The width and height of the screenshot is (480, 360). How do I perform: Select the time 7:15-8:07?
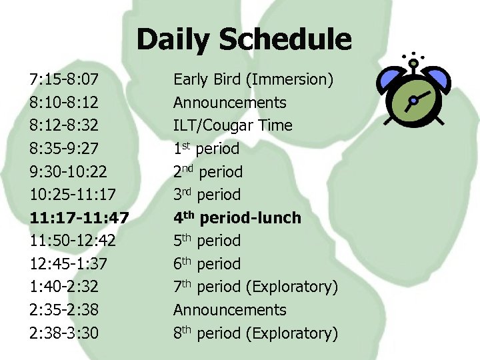[64, 80]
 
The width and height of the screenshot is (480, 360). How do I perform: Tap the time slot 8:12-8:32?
[64, 126]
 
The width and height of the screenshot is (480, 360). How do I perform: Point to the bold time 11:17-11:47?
[79, 218]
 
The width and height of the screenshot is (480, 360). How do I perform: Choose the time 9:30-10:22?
[69, 172]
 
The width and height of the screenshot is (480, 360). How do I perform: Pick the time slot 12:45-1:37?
[69, 264]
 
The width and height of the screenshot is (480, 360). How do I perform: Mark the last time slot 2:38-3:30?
[64, 333]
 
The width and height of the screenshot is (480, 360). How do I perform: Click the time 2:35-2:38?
[64, 310]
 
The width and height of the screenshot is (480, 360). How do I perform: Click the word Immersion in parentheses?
[290, 80]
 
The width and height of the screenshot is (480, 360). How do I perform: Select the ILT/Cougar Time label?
[233, 126]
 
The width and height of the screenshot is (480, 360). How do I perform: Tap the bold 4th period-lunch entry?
[237, 218]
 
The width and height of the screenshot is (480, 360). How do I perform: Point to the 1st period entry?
[206, 149]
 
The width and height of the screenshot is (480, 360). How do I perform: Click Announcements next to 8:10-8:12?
[229, 103]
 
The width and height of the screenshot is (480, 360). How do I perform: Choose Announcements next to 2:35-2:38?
[229, 310]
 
